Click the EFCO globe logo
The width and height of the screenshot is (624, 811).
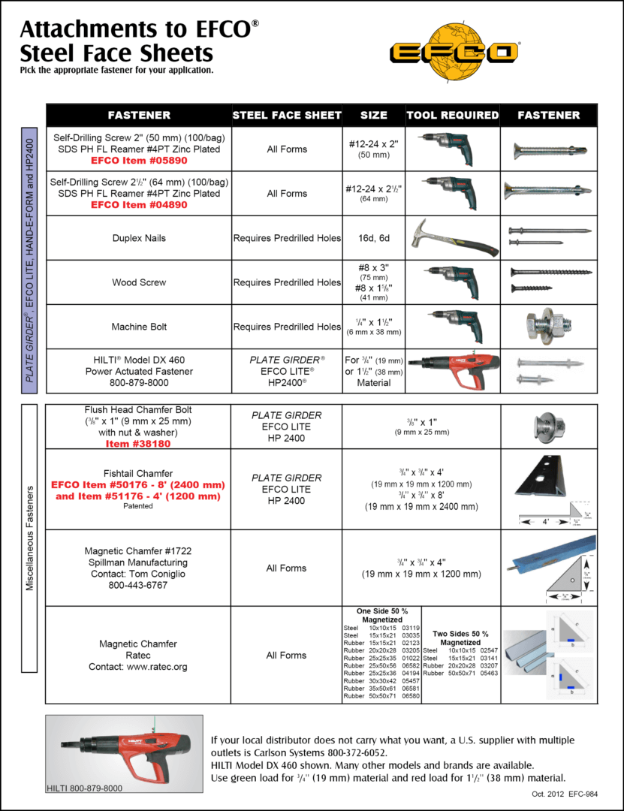[454, 50]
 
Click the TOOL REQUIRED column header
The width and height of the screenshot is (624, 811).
[452, 115]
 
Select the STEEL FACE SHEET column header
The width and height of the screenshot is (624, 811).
[287, 115]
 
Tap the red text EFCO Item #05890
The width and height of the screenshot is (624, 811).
[139, 160]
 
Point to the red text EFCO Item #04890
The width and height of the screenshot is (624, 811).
[139, 204]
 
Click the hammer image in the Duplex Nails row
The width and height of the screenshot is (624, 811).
[451, 238]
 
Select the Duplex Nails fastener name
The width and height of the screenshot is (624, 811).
[139, 238]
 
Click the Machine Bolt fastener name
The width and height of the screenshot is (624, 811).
[139, 327]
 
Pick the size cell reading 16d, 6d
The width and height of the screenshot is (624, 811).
[373, 238]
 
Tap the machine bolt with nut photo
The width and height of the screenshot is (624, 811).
[549, 327]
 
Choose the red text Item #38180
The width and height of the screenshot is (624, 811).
[139, 443]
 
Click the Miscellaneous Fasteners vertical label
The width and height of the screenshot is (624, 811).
[30, 538]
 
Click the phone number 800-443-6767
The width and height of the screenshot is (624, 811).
[139, 585]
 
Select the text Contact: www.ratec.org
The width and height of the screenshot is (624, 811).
[138, 666]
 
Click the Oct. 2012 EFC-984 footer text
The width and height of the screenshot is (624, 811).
[555, 793]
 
